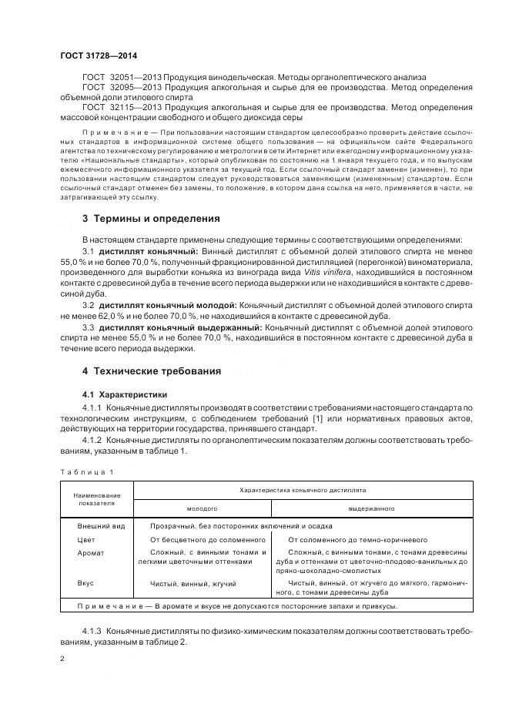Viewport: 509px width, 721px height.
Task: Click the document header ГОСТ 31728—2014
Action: click(98, 56)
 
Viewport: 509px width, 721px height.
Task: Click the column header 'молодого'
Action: click(202, 508)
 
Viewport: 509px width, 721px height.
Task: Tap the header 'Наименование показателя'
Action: click(97, 498)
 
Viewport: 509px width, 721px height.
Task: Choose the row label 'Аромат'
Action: click(91, 552)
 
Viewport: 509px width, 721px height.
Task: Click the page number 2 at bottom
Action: click(62, 659)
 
